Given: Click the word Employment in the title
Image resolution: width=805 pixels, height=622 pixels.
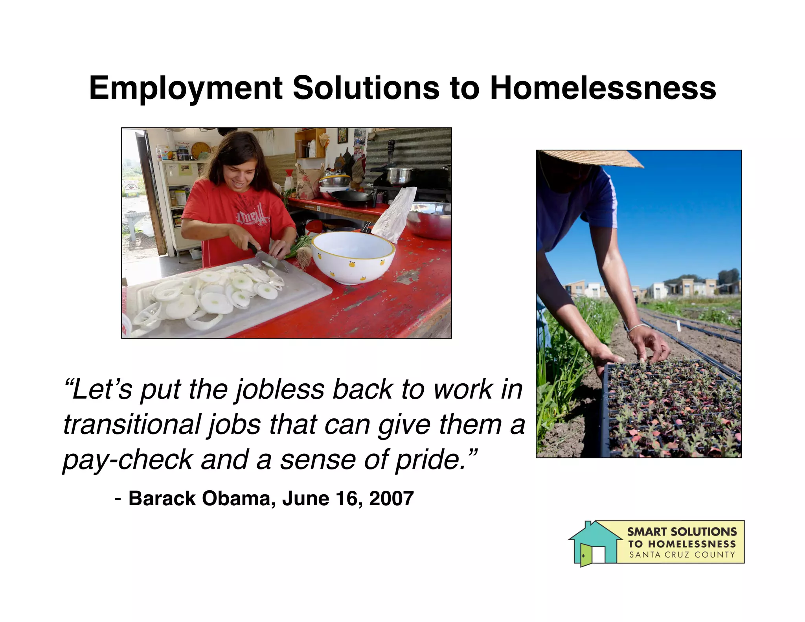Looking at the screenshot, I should [186, 88].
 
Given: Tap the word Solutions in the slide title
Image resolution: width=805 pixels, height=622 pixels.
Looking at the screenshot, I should [366, 88].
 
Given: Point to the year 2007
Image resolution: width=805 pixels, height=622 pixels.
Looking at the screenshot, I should [391, 499].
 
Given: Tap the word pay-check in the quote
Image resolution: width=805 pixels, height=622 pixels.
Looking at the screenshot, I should [127, 460].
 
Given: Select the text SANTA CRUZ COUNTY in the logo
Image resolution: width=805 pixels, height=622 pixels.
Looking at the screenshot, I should [682, 555].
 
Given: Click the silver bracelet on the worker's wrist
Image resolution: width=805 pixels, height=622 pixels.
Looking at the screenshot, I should [638, 328].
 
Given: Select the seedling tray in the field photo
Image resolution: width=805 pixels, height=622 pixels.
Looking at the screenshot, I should [668, 409].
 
